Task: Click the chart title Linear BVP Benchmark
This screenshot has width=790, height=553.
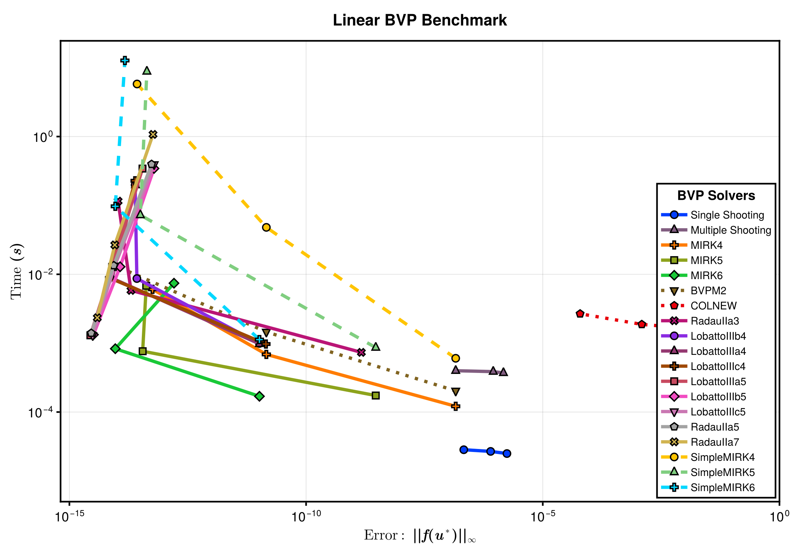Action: point(419,20)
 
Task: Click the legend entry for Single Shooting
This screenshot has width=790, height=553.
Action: point(727,215)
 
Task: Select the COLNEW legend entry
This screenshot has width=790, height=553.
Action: point(713,306)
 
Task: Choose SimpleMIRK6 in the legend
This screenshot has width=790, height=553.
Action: point(722,487)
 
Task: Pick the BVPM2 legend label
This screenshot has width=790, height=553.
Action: point(708,291)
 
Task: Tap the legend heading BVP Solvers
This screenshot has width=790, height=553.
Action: point(716,196)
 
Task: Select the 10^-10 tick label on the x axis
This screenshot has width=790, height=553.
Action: point(306,516)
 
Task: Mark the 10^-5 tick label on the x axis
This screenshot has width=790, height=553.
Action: point(542,516)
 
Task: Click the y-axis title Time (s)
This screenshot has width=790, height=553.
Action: point(16,272)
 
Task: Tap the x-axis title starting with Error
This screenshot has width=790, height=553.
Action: point(420,536)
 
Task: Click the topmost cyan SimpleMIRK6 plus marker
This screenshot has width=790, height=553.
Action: point(125,61)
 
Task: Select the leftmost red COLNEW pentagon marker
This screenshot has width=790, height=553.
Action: point(580,314)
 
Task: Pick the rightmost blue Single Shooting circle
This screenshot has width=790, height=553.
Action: point(507,454)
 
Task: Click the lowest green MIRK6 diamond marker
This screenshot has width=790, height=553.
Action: point(259,396)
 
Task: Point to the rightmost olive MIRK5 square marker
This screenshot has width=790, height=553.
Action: point(376,396)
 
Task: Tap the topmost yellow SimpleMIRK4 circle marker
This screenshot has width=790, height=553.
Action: point(137,84)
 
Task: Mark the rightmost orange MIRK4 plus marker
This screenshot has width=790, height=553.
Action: point(456,407)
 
